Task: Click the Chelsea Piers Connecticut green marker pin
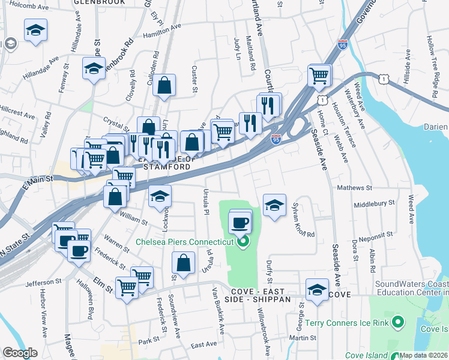[243, 242]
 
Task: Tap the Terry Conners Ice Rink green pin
[397, 323]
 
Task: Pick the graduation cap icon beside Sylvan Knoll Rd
[274, 205]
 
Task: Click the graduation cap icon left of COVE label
[317, 290]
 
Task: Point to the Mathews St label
[355, 188]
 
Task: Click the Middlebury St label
[374, 203]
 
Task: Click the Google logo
[20, 353]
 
